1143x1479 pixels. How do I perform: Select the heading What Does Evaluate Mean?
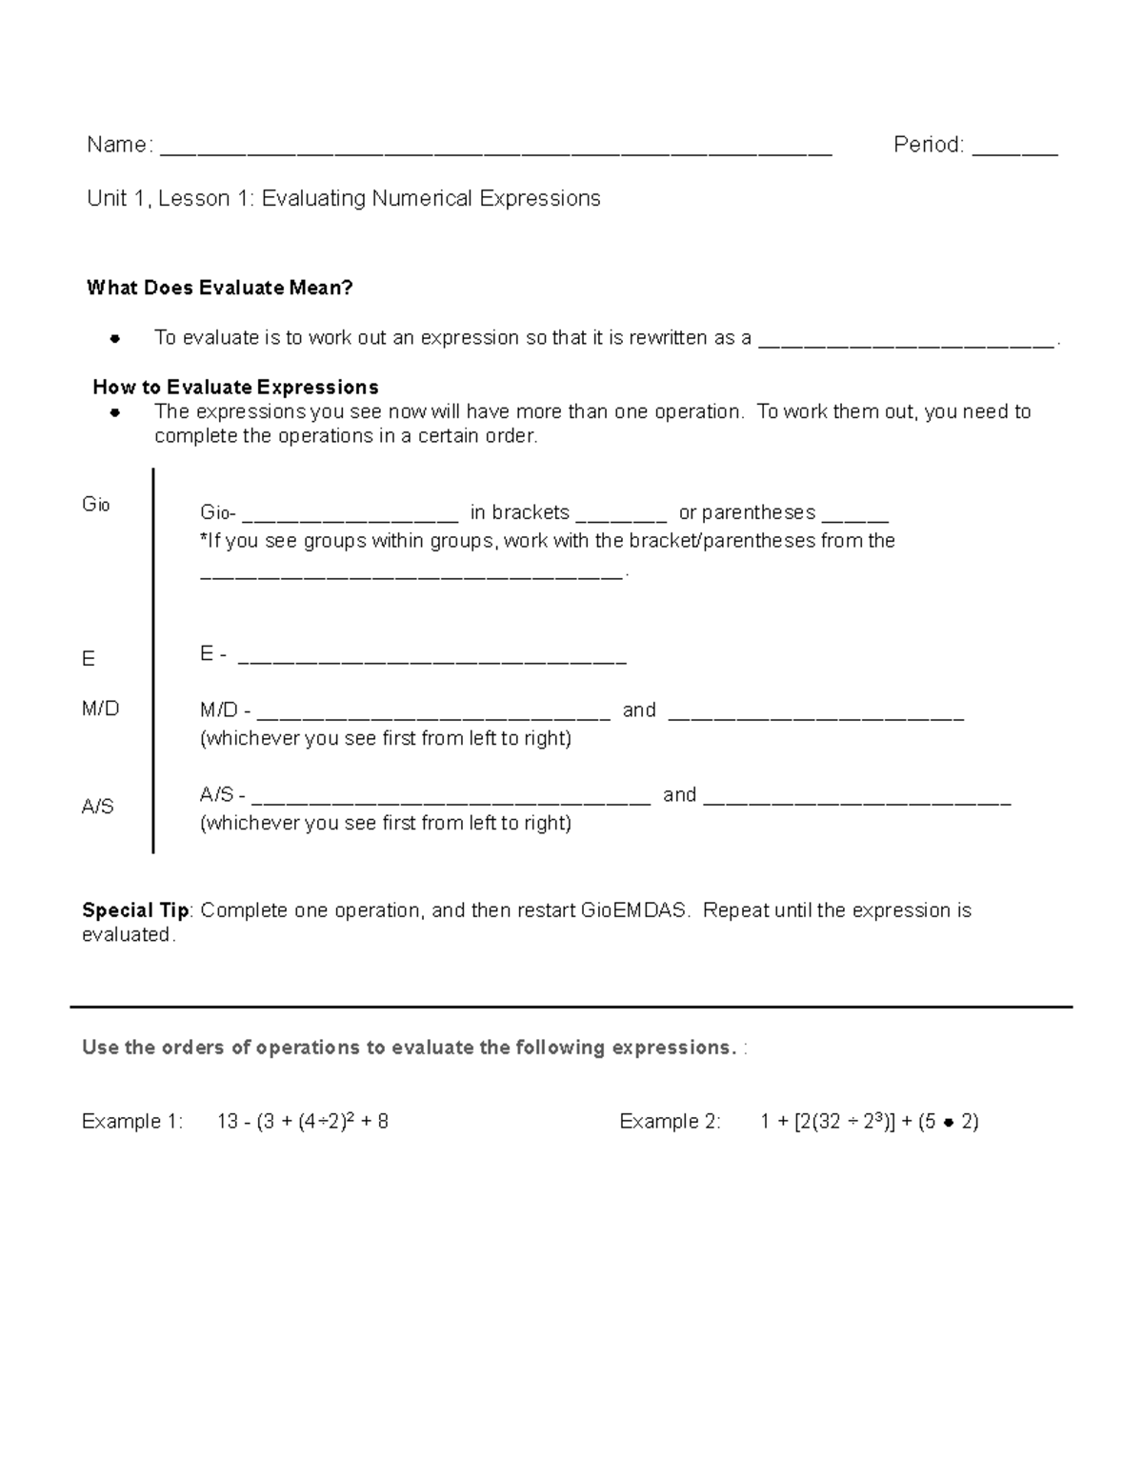pos(219,288)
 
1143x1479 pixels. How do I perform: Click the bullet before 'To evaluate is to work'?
pos(114,338)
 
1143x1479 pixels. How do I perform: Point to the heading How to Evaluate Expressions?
pos(235,387)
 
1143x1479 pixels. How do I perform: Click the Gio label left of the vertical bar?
pos(96,505)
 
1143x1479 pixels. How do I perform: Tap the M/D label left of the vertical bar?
pos(100,709)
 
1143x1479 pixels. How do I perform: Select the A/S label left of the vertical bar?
pos(97,807)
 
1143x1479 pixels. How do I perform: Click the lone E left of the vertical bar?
pos(89,659)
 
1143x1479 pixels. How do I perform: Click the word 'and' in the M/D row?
pos(639,710)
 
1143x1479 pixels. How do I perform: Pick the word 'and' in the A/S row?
pos(679,794)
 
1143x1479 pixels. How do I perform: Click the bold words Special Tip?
pos(135,909)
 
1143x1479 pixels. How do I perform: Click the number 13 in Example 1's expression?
pos(227,1121)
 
